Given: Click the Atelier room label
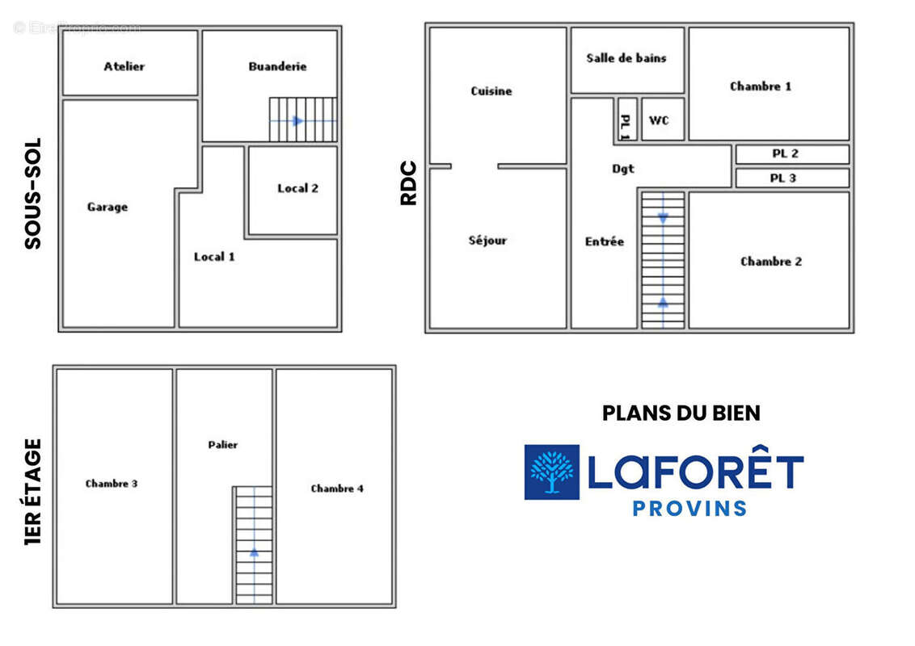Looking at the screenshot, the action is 124,66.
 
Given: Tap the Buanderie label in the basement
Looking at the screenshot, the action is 277,66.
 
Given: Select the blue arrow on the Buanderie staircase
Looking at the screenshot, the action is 297,120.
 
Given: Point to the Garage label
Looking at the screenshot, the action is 108,207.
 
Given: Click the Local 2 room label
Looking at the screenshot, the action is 297,188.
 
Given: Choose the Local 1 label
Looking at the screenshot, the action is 214,257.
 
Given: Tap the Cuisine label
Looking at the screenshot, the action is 491,91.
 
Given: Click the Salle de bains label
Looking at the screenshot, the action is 626,57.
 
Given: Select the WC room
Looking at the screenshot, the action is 662,120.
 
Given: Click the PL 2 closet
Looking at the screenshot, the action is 792,154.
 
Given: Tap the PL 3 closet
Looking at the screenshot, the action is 792,178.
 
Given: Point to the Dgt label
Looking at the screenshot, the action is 622,169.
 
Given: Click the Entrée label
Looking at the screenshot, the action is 605,241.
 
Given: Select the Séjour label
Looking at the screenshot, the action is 487,240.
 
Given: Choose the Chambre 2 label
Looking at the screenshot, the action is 771,261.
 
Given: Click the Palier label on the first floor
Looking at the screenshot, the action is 223,445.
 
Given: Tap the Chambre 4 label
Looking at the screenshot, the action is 337,489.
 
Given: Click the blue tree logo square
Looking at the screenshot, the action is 551,472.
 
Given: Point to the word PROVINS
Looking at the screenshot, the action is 689,509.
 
